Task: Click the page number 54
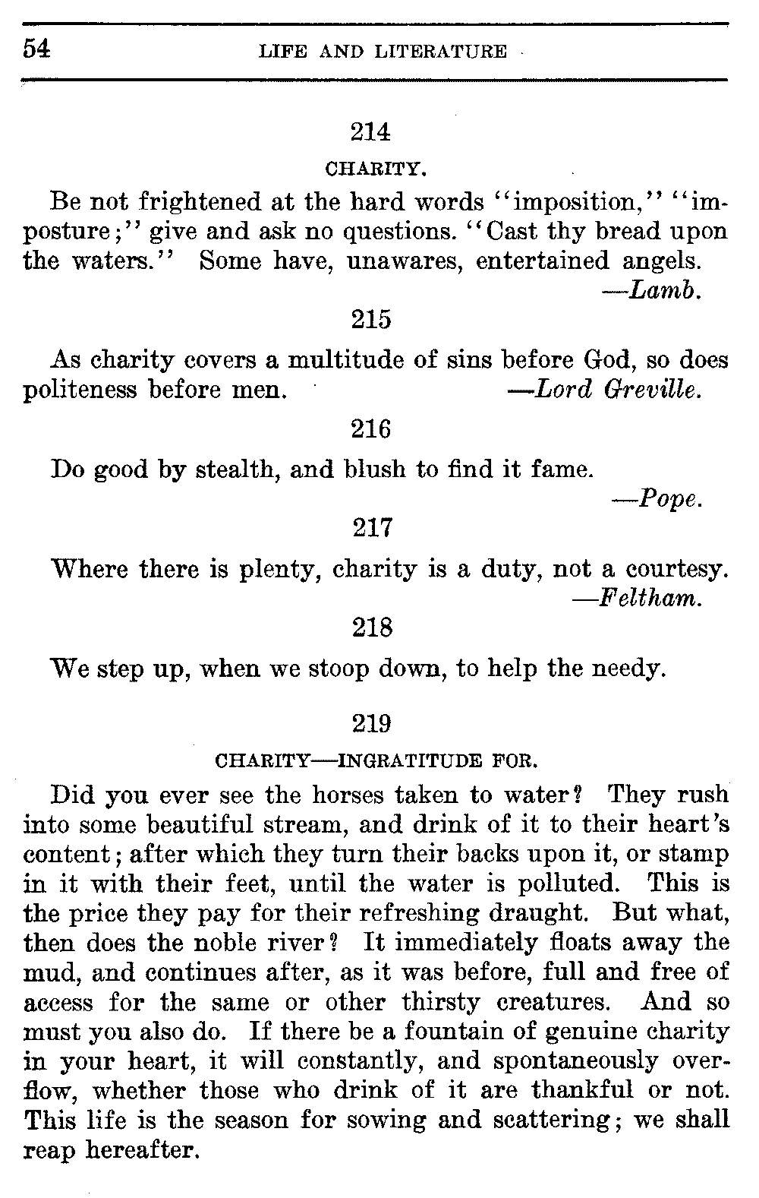coord(36,49)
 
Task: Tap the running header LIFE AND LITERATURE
coord(383,52)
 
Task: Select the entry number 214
coord(371,132)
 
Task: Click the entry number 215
coord(371,320)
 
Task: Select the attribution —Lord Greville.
coord(603,390)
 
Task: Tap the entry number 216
coord(371,431)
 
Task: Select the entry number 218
coord(372,628)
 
